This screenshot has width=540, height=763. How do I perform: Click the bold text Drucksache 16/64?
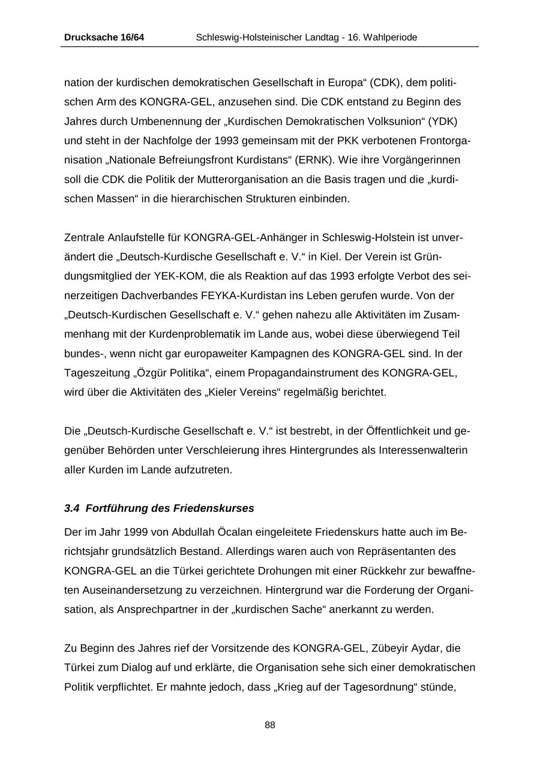pos(104,37)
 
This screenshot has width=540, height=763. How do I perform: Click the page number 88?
pos(270,725)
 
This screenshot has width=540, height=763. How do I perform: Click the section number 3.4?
pos(71,508)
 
